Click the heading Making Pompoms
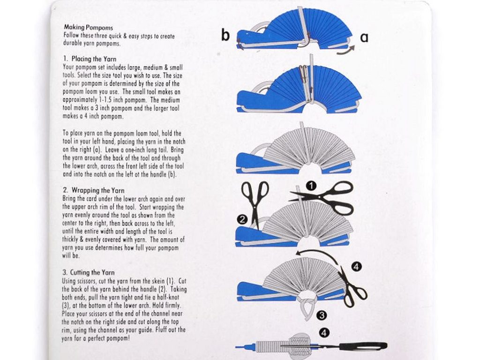[x=89, y=28]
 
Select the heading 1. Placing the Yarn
[x=90, y=59]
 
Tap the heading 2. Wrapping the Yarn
[x=93, y=190]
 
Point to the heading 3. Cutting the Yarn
[x=89, y=272]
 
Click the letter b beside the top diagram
[x=225, y=35]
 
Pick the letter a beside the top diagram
[x=364, y=37]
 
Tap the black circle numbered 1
[x=311, y=186]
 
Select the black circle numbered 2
[x=242, y=219]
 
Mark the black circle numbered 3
[x=322, y=315]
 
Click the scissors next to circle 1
[x=324, y=197]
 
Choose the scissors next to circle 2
[x=255, y=203]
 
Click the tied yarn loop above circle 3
[x=306, y=306]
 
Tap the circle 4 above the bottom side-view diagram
[x=324, y=333]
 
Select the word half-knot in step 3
[x=167, y=297]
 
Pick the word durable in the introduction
[x=73, y=43]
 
